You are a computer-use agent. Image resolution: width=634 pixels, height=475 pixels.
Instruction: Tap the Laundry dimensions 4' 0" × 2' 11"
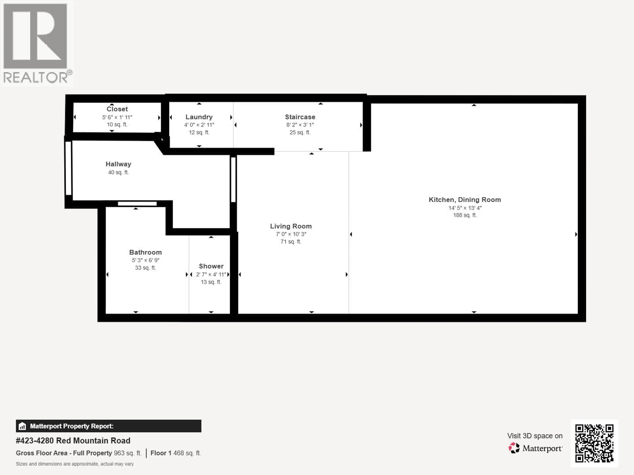(199, 125)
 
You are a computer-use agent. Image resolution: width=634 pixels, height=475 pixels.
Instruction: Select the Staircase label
(300, 117)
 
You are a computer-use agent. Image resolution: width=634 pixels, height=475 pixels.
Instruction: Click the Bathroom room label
(145, 252)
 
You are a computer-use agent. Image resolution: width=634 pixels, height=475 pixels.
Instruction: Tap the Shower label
(211, 266)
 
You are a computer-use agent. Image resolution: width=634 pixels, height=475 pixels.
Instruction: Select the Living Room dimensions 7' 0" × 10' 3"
(291, 234)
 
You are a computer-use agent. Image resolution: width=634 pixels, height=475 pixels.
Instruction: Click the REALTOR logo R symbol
(35, 36)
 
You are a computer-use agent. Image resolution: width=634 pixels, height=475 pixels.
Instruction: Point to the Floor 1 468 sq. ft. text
(175, 453)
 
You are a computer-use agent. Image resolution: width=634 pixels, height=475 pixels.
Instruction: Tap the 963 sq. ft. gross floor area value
(128, 453)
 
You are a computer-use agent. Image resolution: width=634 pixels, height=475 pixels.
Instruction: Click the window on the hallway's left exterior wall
(68, 168)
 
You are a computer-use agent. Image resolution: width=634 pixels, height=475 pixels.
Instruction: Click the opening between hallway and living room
(233, 179)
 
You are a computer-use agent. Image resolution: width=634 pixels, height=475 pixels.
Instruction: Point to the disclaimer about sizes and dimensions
(74, 464)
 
